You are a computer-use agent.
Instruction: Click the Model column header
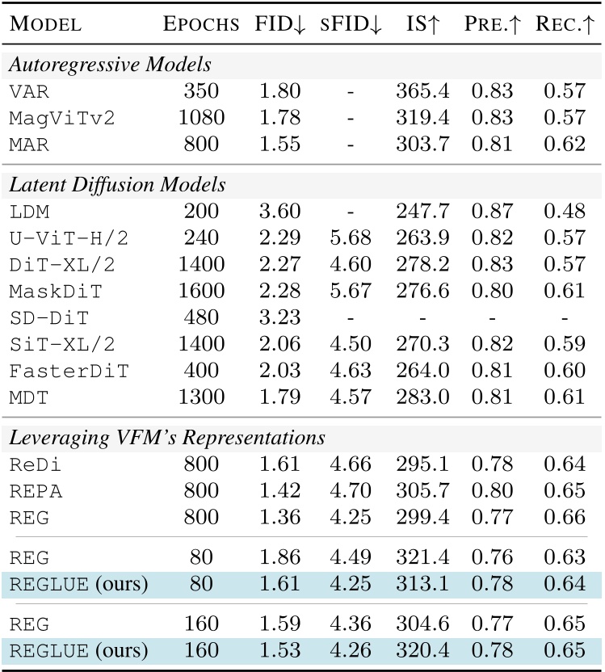(45, 24)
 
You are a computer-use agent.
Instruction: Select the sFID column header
(349, 24)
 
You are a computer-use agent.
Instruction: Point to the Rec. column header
(564, 24)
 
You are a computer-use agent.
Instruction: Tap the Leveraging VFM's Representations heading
(167, 439)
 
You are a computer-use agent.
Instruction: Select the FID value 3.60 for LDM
(280, 212)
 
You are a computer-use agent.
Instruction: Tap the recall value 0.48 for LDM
(564, 212)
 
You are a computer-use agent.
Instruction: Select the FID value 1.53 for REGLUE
(280, 649)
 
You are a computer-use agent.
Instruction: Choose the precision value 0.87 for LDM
(492, 212)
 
